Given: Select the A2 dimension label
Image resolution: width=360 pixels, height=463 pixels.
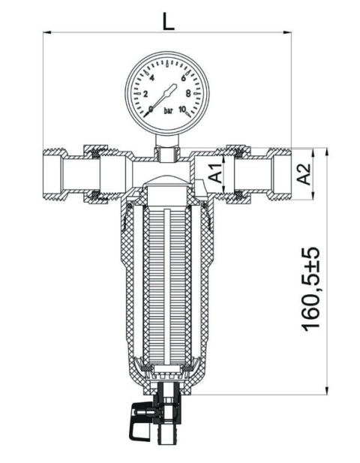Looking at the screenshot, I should point(304,175).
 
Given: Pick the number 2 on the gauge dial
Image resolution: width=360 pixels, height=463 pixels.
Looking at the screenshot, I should point(145,94).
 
